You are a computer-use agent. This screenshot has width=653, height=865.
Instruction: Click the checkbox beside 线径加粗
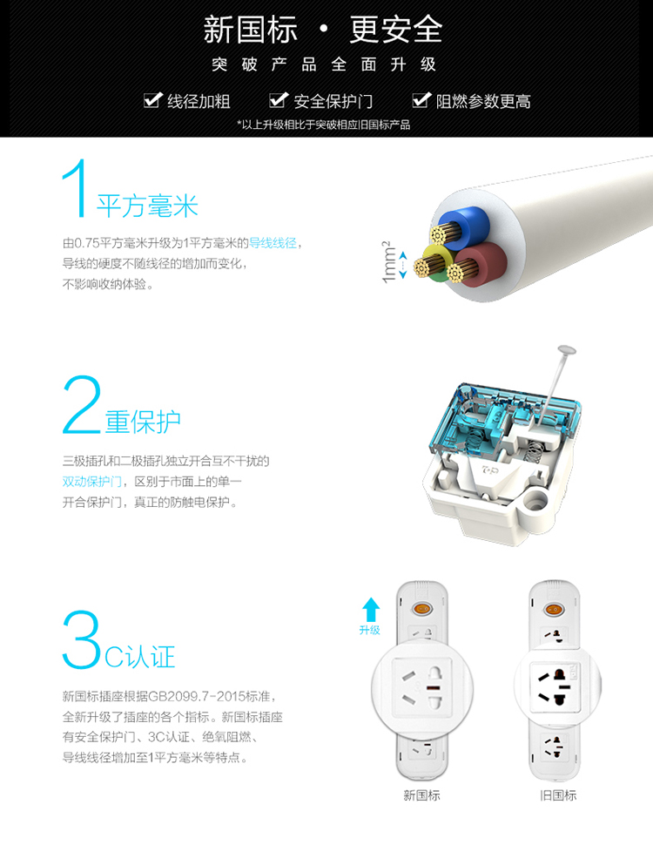[152, 100]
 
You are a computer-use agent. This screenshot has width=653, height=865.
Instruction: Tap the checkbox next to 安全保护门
[279, 100]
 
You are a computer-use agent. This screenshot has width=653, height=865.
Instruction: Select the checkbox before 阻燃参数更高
[421, 100]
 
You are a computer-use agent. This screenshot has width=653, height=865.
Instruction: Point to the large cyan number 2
[82, 404]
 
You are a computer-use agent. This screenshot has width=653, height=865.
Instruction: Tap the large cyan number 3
[82, 639]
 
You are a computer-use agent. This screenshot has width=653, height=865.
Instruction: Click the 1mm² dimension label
[389, 261]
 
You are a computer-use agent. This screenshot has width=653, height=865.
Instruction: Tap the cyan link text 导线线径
[273, 243]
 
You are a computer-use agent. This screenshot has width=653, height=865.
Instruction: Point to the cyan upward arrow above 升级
[371, 610]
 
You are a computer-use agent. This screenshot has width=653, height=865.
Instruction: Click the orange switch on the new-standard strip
[422, 610]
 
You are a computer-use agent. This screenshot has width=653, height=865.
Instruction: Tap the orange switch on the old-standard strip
[553, 610]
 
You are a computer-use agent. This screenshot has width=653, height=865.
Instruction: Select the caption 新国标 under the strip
[421, 795]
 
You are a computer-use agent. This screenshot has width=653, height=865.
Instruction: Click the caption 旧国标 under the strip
[557, 795]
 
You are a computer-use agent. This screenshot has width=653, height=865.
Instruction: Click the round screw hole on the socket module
[534, 503]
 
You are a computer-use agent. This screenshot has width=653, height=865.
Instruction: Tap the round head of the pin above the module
[567, 350]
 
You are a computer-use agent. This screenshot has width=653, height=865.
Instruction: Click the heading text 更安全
[396, 30]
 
